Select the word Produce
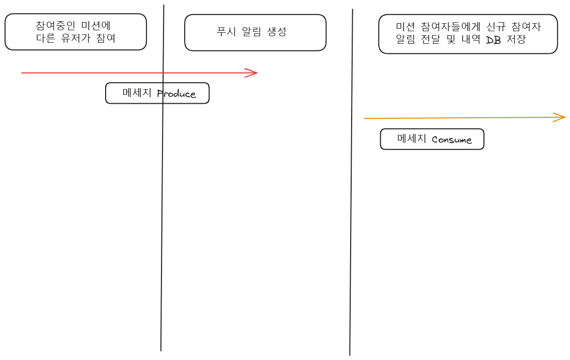176,94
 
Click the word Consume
452,139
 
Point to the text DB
494,40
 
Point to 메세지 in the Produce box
137,93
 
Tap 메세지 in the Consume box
412,138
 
